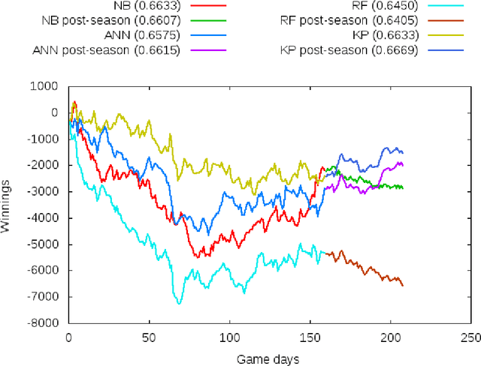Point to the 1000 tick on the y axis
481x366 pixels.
click(47, 86)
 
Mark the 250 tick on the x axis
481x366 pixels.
click(470, 337)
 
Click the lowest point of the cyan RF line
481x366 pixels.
click(179, 303)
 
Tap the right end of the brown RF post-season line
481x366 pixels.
click(403, 285)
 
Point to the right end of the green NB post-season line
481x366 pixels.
click(403, 187)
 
